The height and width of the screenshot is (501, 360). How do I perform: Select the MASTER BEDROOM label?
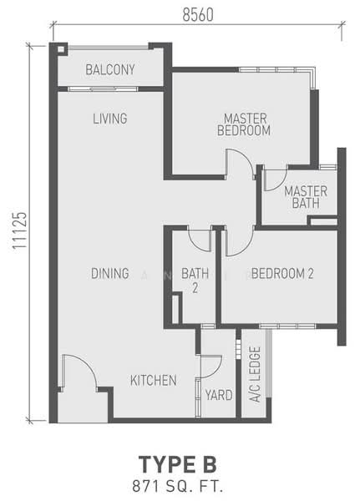coord(243,124)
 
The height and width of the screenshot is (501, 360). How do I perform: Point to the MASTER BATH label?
coord(305,197)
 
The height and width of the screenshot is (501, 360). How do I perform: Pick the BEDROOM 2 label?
coord(281,273)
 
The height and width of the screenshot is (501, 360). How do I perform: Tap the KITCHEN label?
coord(153,381)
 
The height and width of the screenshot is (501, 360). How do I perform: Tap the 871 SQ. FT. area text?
coord(180,483)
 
